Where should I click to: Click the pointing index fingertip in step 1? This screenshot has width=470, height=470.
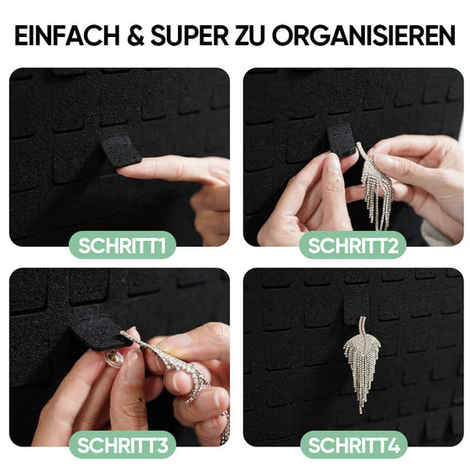click(x=124, y=172)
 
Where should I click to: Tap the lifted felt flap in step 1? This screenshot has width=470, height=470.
click(x=121, y=146)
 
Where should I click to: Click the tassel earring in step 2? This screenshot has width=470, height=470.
click(x=377, y=189)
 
